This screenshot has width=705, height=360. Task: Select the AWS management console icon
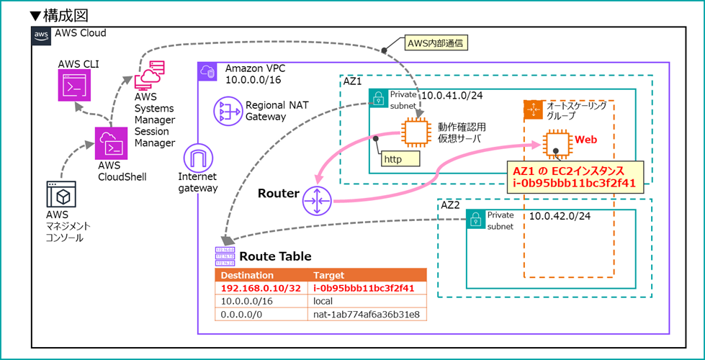[61, 196]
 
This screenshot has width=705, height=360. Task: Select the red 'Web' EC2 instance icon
[554, 142]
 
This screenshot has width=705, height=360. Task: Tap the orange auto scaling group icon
[534, 110]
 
